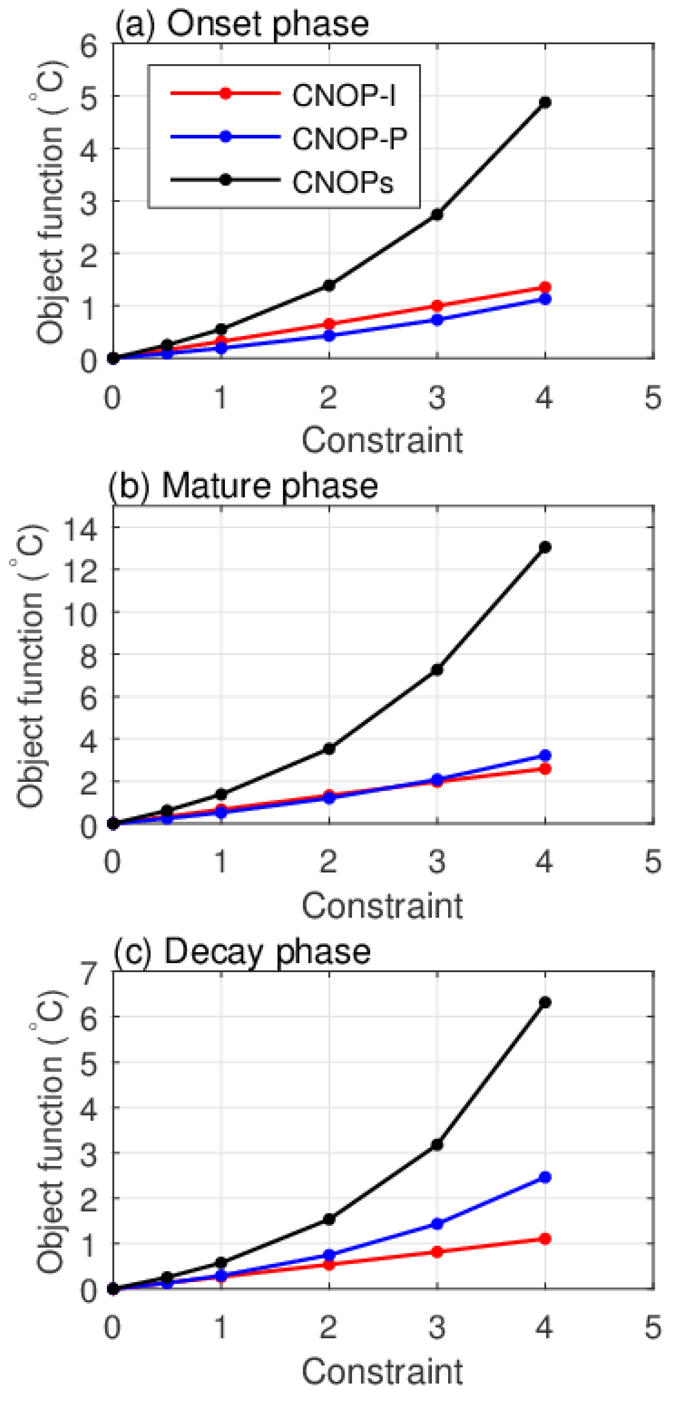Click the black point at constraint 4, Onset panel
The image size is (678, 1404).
click(544, 102)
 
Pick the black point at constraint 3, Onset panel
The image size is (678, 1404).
click(436, 215)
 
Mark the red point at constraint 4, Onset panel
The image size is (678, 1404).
click(544, 287)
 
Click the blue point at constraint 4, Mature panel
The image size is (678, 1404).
click(544, 755)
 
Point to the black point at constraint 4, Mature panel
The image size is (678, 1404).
click(544, 547)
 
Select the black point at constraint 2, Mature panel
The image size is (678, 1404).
click(329, 749)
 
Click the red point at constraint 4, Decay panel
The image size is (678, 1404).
click(544, 1239)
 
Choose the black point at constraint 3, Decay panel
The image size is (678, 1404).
click(436, 1145)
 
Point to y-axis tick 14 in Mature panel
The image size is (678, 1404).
click(82, 527)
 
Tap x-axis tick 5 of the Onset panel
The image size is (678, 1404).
click(652, 398)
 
